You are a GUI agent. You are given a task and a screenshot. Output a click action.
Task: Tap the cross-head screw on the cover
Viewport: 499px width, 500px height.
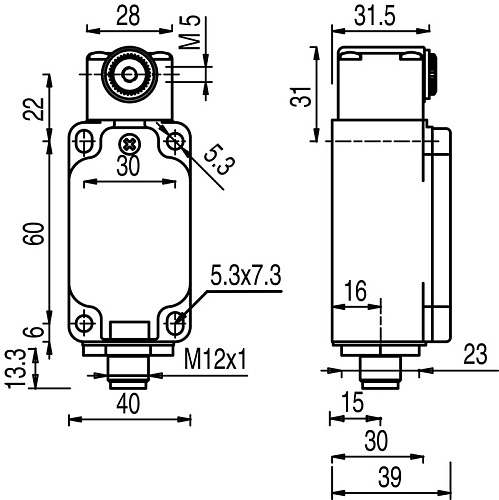click(128, 141)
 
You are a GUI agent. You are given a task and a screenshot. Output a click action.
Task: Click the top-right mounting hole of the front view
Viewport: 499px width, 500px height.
click(176, 144)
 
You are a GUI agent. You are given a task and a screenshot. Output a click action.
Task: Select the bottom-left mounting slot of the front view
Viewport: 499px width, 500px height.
click(84, 322)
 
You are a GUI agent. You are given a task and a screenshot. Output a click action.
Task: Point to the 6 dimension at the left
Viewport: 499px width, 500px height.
click(33, 333)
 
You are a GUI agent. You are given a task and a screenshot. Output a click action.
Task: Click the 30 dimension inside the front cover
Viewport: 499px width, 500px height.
click(127, 167)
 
